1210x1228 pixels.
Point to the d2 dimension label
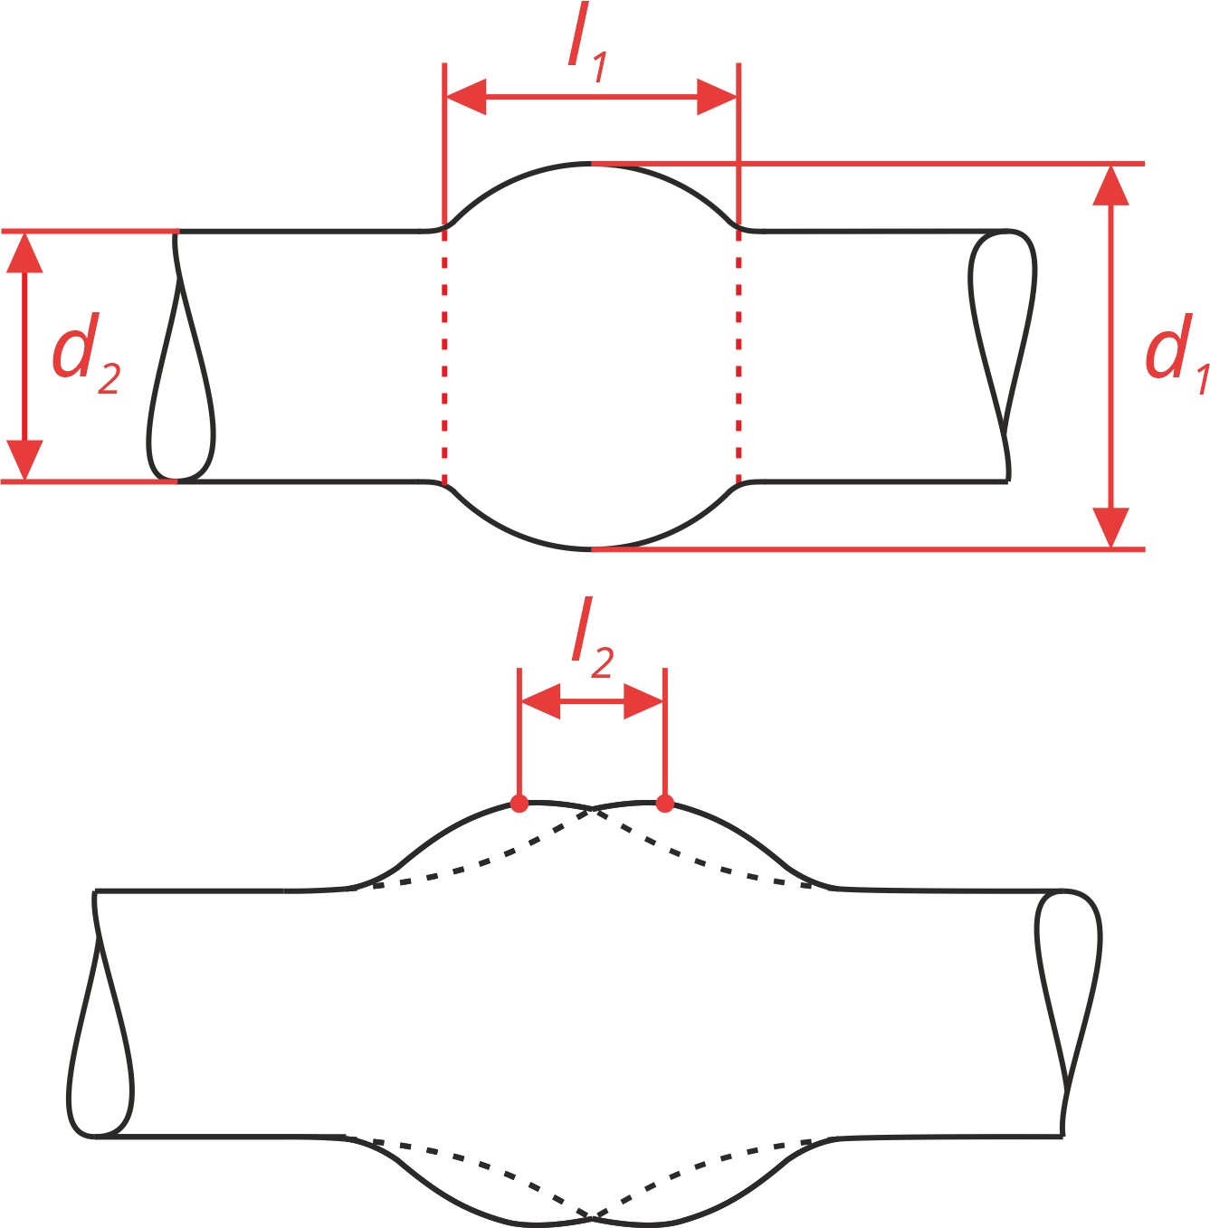tap(85, 354)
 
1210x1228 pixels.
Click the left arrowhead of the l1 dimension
tap(466, 98)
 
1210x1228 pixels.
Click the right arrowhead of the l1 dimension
tap(717, 98)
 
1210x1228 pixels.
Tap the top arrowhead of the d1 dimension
tap(1111, 186)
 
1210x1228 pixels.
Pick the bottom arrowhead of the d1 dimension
tap(1111, 528)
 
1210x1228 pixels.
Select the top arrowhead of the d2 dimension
tap(24, 252)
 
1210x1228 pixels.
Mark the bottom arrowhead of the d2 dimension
tap(24, 460)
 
